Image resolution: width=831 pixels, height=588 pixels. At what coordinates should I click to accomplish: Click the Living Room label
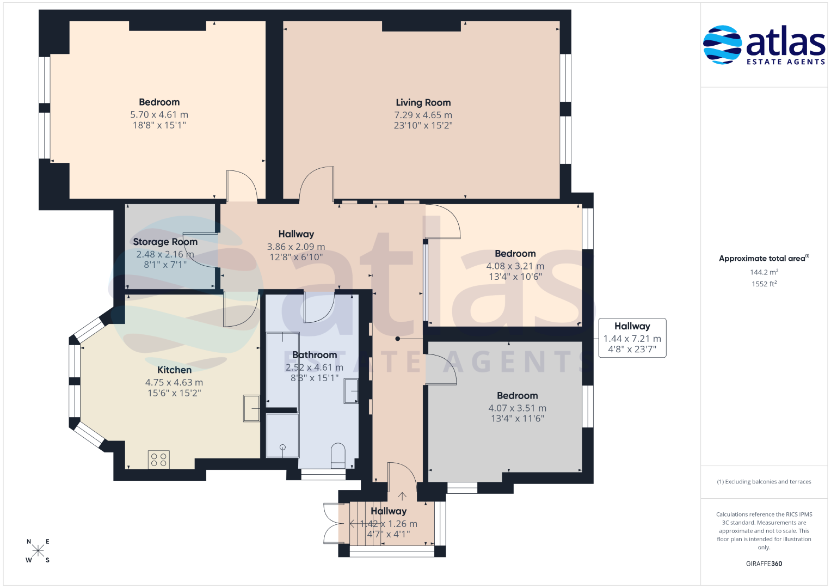pyautogui.click(x=423, y=102)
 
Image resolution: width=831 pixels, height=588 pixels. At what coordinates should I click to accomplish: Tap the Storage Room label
pyautogui.click(x=165, y=242)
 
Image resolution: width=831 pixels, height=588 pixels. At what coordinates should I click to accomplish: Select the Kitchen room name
pyautogui.click(x=174, y=370)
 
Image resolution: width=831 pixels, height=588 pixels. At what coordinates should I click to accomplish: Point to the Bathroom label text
pyautogui.click(x=315, y=355)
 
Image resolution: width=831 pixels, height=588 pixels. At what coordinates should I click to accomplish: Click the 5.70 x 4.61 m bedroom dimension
pyautogui.click(x=159, y=114)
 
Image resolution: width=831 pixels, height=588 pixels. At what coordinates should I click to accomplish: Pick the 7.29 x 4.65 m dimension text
pyautogui.click(x=423, y=115)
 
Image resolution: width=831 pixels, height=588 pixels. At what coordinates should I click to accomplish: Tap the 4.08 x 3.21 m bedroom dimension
pyautogui.click(x=515, y=266)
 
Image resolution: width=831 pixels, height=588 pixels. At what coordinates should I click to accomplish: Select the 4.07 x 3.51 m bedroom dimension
pyautogui.click(x=517, y=408)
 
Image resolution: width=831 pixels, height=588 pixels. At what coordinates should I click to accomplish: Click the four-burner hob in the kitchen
pyautogui.click(x=159, y=460)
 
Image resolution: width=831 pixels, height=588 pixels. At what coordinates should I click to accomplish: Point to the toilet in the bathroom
pyautogui.click(x=338, y=456)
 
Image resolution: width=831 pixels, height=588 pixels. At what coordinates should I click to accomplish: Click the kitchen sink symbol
pyautogui.click(x=251, y=408)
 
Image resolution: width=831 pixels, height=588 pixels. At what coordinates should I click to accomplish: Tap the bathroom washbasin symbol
pyautogui.click(x=351, y=391)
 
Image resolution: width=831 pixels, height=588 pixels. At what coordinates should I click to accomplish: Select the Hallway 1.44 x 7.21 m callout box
pyautogui.click(x=632, y=338)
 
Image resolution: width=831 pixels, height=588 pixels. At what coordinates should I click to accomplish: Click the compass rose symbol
pyautogui.click(x=38, y=550)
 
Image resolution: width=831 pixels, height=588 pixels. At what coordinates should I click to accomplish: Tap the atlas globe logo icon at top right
pyautogui.click(x=722, y=45)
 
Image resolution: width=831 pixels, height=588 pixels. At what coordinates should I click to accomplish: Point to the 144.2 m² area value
pyautogui.click(x=764, y=272)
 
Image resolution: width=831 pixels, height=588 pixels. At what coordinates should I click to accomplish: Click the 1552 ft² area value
pyautogui.click(x=764, y=284)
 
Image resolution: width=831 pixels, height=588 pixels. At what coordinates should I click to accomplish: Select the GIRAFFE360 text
pyautogui.click(x=764, y=563)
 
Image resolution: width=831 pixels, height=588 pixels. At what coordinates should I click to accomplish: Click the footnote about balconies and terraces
pyautogui.click(x=764, y=481)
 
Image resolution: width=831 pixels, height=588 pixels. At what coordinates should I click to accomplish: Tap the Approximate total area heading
pyautogui.click(x=764, y=259)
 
